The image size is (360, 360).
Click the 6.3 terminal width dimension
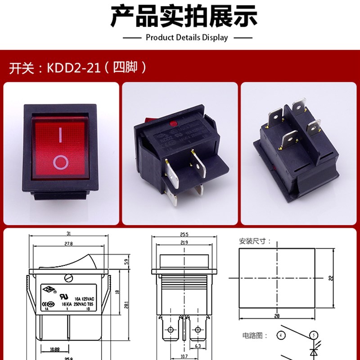click(x=198, y=346)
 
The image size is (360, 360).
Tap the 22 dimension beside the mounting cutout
click(x=330, y=278)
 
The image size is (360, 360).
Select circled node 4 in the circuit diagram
click(x=281, y=336)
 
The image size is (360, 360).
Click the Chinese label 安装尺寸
click(x=255, y=242)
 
